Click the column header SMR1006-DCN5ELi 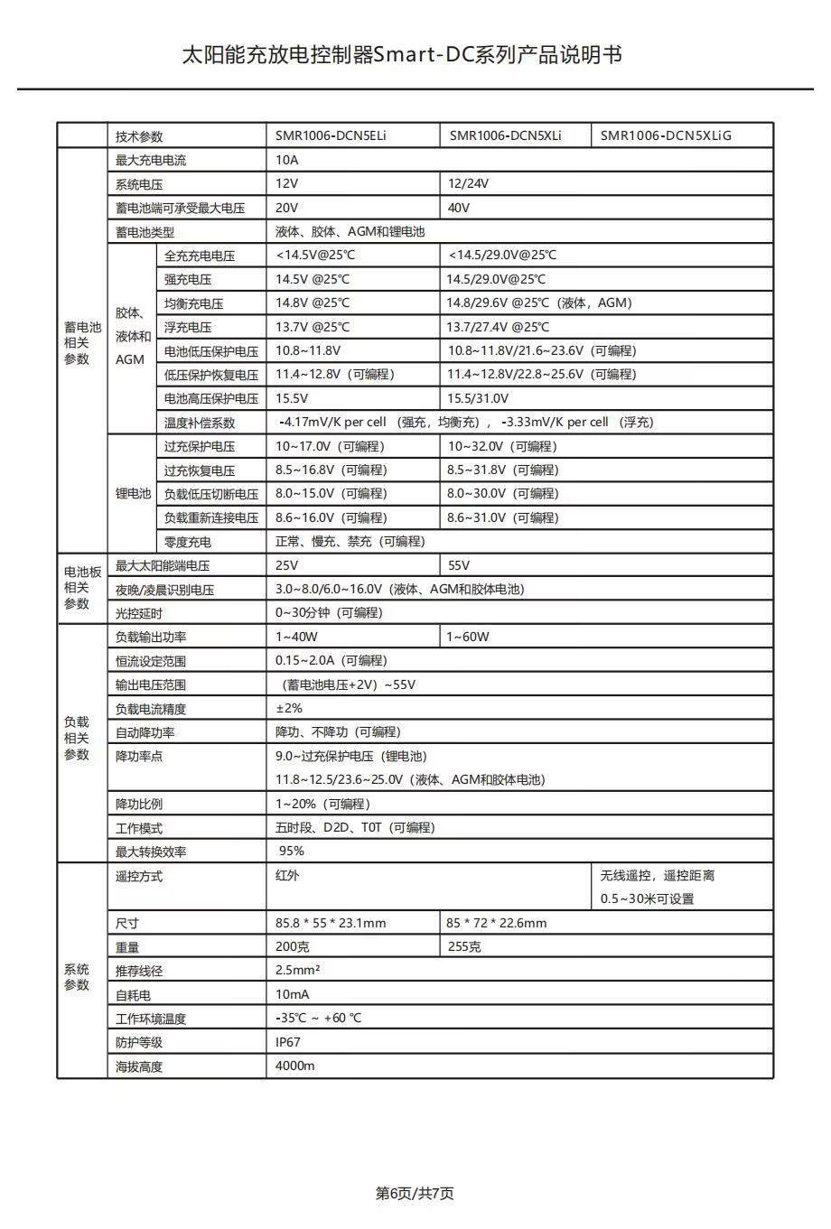click(x=331, y=136)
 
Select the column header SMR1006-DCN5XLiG click(x=666, y=136)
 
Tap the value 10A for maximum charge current click(x=286, y=161)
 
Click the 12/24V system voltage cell click(x=468, y=184)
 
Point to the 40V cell click(x=459, y=208)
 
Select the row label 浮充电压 click(x=188, y=328)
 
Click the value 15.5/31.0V click(x=478, y=398)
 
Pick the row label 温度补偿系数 click(x=200, y=423)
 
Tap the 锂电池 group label click(x=133, y=494)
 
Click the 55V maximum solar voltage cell click(x=459, y=565)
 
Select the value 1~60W click(x=468, y=637)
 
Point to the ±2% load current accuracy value click(x=289, y=708)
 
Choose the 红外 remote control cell click(x=287, y=876)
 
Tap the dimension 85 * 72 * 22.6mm click(x=496, y=923)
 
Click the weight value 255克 click(x=463, y=946)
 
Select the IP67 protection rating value click(x=288, y=1042)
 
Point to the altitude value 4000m click(x=295, y=1066)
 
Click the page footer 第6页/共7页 click(x=415, y=1194)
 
